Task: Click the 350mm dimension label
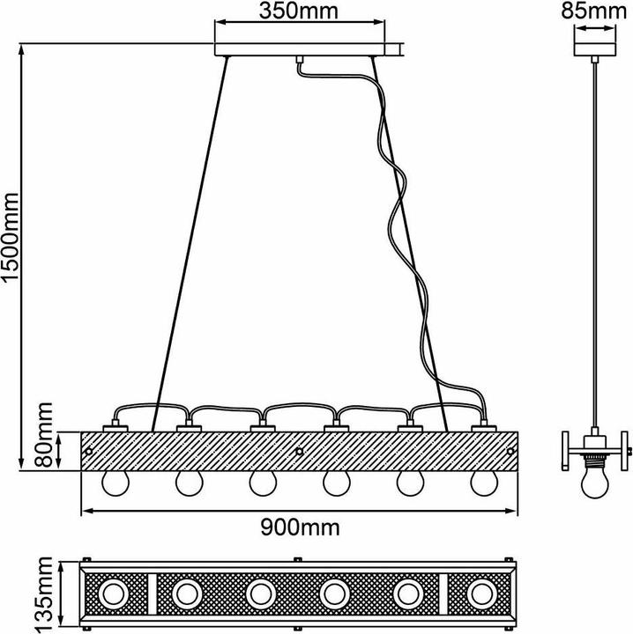[300, 13]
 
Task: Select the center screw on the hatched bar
[300, 452]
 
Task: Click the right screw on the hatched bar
[510, 452]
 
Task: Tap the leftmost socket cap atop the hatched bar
[115, 428]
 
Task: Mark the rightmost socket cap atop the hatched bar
[482, 428]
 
